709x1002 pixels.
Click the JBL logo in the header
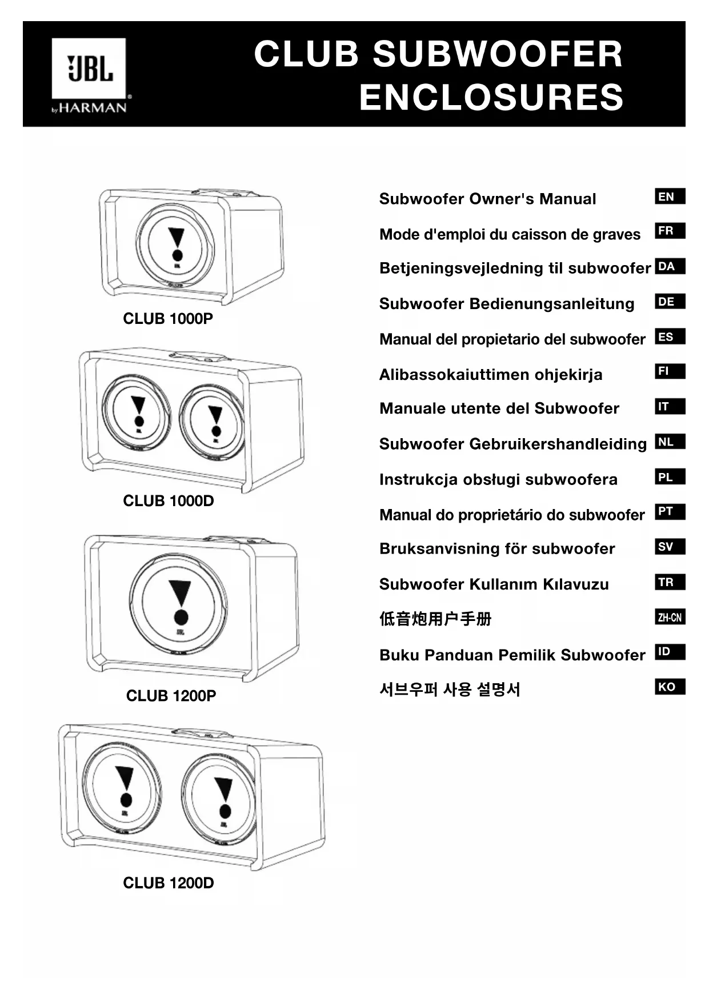point(89,69)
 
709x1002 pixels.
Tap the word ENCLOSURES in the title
point(491,97)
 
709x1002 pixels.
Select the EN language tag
point(669,197)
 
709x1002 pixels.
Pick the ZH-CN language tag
point(669,618)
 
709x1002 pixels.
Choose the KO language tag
point(669,687)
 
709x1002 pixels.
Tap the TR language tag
point(669,582)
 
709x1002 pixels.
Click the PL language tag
point(669,477)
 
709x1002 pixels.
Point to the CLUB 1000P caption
point(168,319)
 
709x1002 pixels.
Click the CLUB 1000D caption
point(169,501)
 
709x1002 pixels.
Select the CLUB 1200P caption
point(171,696)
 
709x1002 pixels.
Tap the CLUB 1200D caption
point(169,883)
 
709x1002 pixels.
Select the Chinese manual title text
point(435,619)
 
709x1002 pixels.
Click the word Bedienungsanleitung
point(551,304)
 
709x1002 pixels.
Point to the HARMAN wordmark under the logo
point(93,107)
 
